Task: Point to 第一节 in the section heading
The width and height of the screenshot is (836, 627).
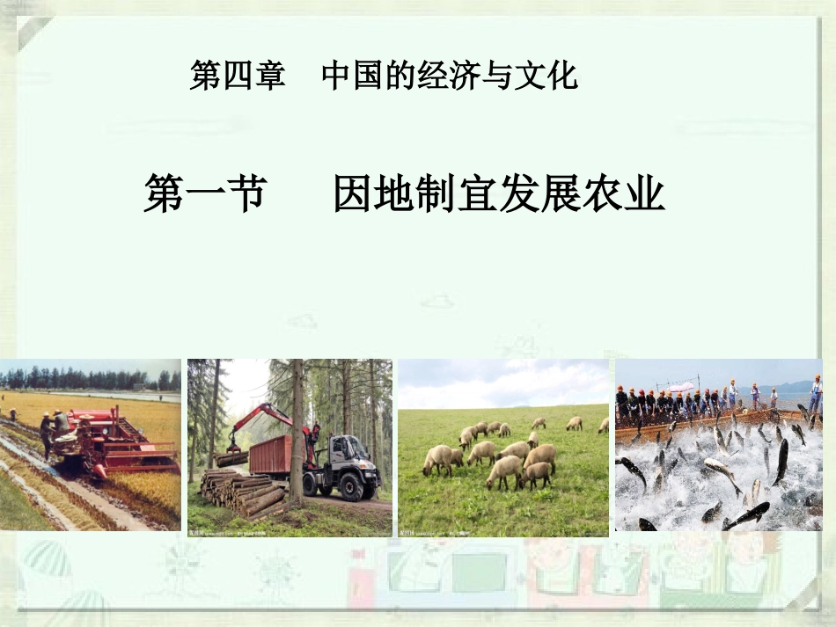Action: point(204,193)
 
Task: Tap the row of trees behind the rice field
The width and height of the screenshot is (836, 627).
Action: point(88,379)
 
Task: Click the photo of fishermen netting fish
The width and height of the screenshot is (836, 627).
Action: point(718,445)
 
